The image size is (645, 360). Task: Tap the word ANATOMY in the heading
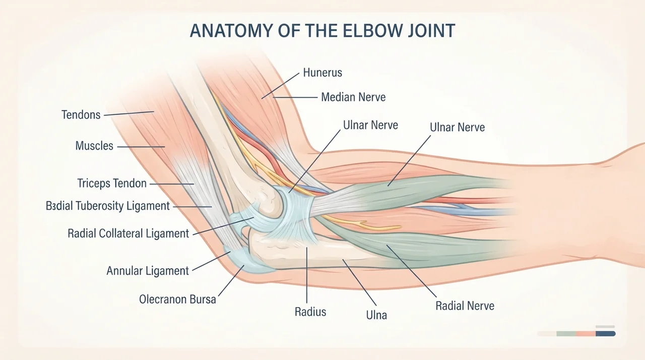click(231, 31)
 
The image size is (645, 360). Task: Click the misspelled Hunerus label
click(322, 73)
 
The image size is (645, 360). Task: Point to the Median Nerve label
click(353, 97)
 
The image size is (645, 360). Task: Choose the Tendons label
click(81, 114)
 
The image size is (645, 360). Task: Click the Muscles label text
click(94, 146)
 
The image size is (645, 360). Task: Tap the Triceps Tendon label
click(112, 183)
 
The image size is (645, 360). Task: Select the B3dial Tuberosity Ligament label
click(108, 206)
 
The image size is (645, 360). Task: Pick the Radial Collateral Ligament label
click(128, 233)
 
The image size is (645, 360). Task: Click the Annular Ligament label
click(148, 271)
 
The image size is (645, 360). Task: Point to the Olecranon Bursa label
click(177, 299)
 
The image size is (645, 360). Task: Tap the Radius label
click(310, 312)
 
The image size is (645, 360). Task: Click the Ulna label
click(376, 315)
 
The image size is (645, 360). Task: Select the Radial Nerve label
click(465, 306)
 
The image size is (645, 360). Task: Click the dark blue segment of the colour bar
click(606, 333)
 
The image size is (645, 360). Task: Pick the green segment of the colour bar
click(566, 333)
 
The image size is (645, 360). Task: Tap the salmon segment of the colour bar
click(586, 333)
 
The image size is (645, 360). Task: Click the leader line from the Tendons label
click(128, 113)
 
